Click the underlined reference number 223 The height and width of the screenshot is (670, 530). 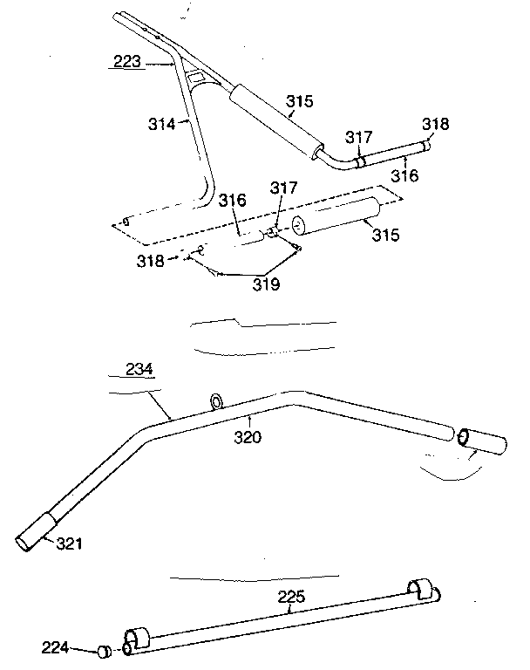(x=126, y=62)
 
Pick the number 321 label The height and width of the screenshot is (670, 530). (x=71, y=544)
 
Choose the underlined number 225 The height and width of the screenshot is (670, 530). (x=291, y=598)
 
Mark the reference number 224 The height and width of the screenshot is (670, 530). (x=55, y=646)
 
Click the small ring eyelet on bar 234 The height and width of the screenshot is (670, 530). (x=214, y=401)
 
